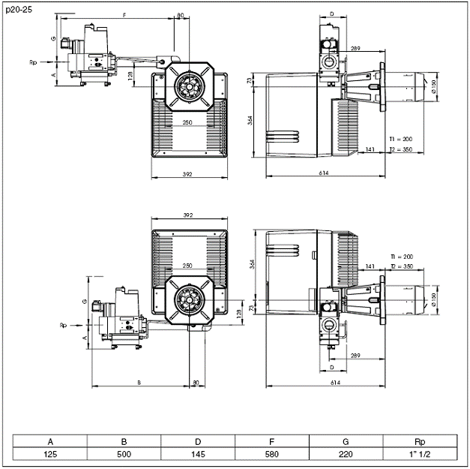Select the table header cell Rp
tap(420, 441)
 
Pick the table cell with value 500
tap(124, 453)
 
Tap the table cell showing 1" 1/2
tap(420, 453)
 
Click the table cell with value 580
tap(272, 453)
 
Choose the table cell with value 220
tap(346, 453)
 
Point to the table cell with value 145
tap(198, 453)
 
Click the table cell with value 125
tap(50, 453)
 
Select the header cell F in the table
tap(272, 441)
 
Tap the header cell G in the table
tap(346, 441)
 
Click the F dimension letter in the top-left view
tap(124, 15)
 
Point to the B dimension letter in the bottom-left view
tap(140, 383)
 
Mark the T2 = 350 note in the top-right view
tap(402, 149)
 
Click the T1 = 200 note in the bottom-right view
tap(402, 256)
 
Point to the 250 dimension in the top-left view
tap(187, 122)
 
